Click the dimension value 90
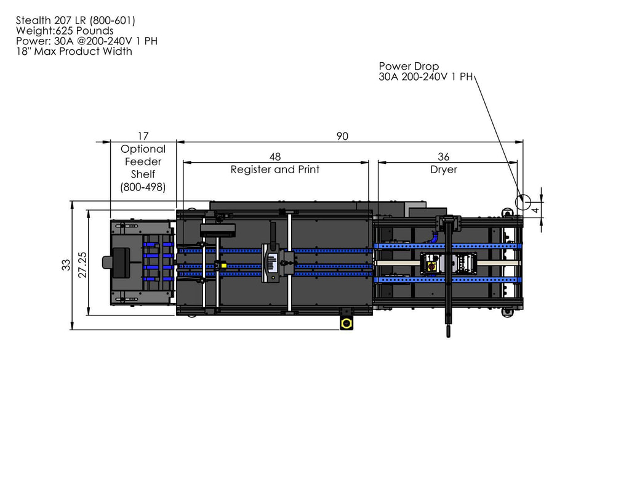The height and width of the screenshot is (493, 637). click(342, 136)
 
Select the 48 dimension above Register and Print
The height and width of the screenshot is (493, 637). click(275, 157)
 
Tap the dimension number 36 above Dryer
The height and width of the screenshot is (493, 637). click(444, 157)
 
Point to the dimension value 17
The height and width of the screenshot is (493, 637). click(143, 136)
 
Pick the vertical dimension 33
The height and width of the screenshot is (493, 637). click(66, 265)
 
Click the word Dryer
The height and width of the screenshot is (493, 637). click(444, 169)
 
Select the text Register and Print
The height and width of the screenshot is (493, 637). click(275, 169)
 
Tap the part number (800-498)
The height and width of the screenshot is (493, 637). click(143, 187)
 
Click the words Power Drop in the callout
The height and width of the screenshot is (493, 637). click(409, 66)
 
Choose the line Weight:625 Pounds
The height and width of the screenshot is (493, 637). click(65, 31)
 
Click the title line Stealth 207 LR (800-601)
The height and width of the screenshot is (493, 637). click(76, 20)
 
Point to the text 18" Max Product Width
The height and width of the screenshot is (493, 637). click(74, 51)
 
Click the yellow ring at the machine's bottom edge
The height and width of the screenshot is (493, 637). click(347, 324)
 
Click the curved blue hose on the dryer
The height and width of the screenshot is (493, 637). click(435, 235)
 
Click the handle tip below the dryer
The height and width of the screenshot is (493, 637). click(449, 332)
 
